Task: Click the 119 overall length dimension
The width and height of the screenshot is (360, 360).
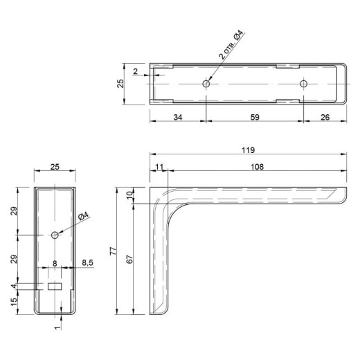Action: point(248,150)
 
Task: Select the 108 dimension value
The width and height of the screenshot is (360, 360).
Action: point(257,167)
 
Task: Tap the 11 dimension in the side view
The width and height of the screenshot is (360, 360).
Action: point(159,167)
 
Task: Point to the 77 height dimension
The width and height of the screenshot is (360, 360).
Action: point(113,251)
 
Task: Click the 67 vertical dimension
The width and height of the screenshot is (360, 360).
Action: point(129,260)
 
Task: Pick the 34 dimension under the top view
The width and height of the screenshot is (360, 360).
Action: point(178,117)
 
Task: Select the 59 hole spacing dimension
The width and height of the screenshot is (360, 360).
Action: point(255,117)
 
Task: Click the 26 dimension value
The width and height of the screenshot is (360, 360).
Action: point(325,117)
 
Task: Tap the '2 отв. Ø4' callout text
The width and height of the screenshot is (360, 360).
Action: point(231,44)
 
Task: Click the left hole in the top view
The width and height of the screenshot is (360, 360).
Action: point(206,84)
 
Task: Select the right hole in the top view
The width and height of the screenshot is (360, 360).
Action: point(303,84)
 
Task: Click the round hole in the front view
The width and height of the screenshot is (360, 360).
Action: point(55,235)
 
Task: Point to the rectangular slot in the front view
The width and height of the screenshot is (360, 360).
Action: point(55,287)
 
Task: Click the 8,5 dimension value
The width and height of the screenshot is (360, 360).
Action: point(88,262)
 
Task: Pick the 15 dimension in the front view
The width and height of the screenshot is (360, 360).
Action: point(14,302)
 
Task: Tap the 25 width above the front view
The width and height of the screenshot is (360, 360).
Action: point(55,167)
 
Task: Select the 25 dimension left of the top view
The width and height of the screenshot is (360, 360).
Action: point(120,84)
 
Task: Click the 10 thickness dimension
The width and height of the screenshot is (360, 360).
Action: point(130,196)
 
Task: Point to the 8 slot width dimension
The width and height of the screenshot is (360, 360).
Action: point(55,263)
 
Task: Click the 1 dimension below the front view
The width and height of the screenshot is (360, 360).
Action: point(58,327)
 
